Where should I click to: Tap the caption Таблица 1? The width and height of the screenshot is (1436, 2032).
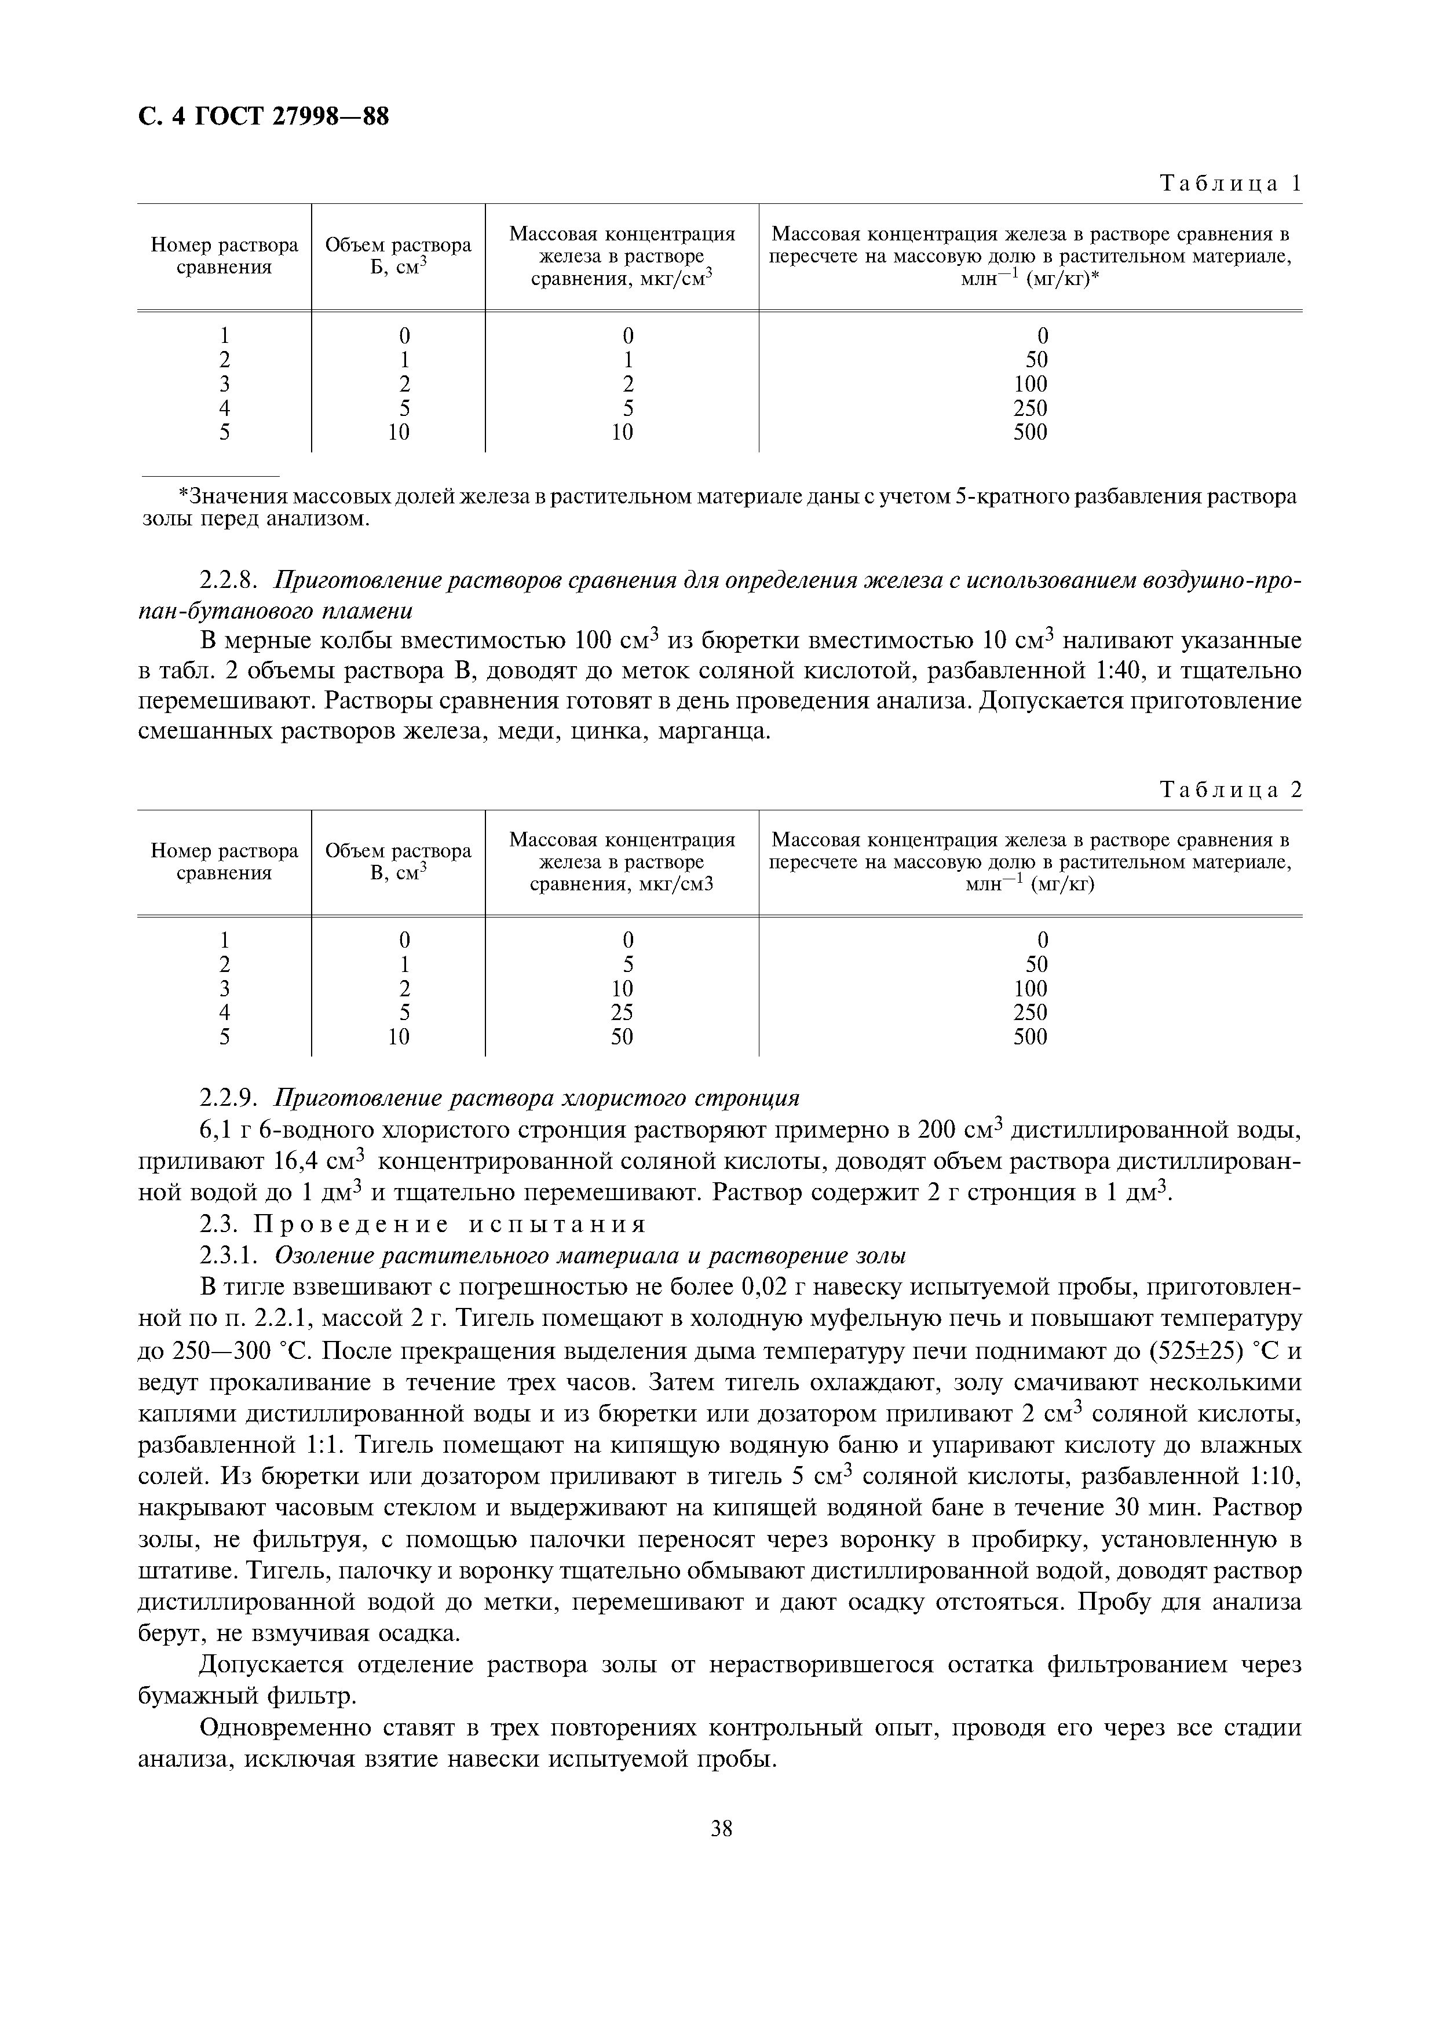pos(1230,184)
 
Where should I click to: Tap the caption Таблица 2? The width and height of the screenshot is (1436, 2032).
pos(1230,790)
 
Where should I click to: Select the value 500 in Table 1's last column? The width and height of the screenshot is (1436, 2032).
pos(1030,433)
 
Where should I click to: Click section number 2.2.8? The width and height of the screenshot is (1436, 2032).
pos(229,580)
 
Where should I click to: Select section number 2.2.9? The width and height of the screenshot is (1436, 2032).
pos(229,1098)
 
